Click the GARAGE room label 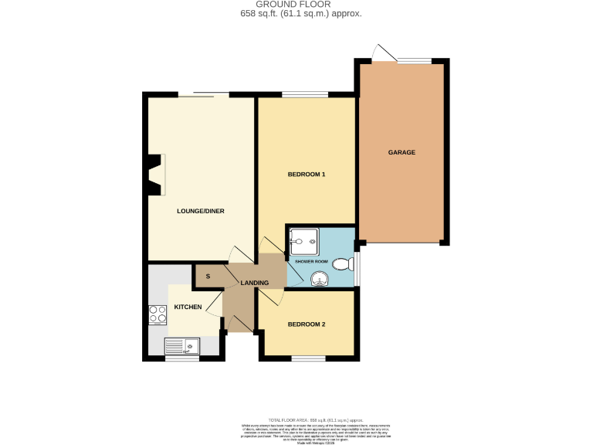coord(402,152)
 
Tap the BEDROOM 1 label coord(307,175)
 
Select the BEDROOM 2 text coord(307,324)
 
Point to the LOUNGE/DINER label coord(201,211)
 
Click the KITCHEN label coord(188,307)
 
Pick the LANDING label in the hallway coord(254,283)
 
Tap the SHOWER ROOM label coord(311,262)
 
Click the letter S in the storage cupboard coord(208,276)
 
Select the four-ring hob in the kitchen coord(158,315)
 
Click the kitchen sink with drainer coord(182,346)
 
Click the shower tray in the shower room coord(304,242)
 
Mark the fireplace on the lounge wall coord(157,175)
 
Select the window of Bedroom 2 coord(307,358)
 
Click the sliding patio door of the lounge coord(203,94)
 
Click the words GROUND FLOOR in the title coord(296,5)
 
